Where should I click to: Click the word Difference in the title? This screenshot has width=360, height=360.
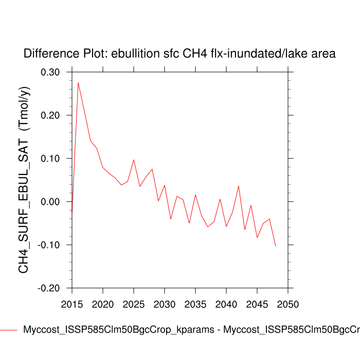coord(46,53)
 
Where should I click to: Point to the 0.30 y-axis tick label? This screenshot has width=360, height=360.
coord(50,72)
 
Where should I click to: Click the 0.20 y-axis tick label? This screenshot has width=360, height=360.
coord(50,115)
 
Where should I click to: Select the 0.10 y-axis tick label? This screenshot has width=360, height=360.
coord(50,158)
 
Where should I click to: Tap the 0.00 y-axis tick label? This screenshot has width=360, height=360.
coord(50,202)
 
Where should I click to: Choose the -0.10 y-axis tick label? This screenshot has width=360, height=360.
coord(49,245)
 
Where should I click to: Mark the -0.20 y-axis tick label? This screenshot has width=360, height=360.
coord(49,288)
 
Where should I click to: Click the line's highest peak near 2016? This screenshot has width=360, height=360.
coord(78,82)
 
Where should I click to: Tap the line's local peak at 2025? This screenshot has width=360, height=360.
coord(134,159)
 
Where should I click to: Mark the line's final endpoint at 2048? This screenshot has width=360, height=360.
coord(276,246)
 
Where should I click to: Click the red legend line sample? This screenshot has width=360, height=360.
coord(9,330)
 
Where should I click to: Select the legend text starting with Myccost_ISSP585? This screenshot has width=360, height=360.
coord(190,330)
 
